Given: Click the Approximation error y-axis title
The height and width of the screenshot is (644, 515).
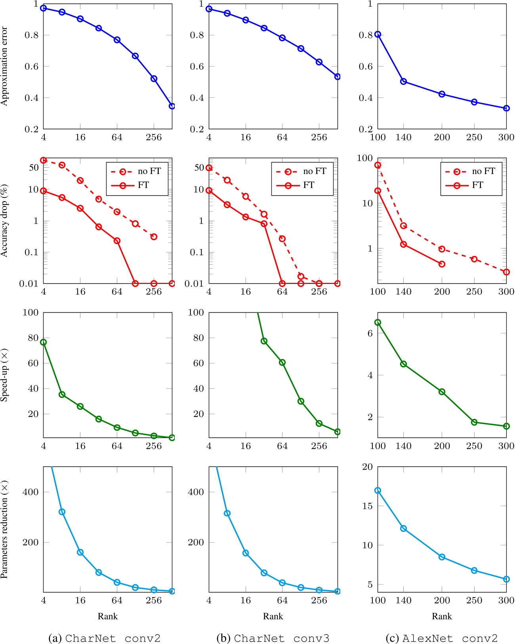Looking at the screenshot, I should (x=4, y=66).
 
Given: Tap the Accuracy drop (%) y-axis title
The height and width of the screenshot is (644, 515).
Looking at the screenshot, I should (x=4, y=221).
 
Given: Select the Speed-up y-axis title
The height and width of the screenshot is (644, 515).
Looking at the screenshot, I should (x=4, y=375).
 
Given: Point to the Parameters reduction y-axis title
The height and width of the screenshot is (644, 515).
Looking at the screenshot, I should (x=4, y=529).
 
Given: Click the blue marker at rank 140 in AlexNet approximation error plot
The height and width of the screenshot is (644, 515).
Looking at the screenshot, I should (x=403, y=81).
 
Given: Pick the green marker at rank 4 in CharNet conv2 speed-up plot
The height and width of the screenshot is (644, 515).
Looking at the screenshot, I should (x=44, y=342).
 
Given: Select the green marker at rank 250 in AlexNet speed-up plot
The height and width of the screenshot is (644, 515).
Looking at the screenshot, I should (x=474, y=422).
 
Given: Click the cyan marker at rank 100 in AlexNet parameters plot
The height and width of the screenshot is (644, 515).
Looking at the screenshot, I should (x=378, y=490).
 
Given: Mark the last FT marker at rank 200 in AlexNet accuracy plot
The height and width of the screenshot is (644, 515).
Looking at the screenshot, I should (x=442, y=264).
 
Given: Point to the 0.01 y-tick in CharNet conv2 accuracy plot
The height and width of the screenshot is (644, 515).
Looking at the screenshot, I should (x=29, y=283).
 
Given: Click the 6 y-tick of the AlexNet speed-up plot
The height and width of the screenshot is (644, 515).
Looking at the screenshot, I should (x=370, y=333).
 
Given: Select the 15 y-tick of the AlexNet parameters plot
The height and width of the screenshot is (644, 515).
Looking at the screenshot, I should (x=368, y=506).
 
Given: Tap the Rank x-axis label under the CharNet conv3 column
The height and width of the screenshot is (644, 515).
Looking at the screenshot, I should (x=273, y=616).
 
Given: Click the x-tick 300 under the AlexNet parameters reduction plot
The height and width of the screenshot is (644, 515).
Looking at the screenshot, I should (x=506, y=600).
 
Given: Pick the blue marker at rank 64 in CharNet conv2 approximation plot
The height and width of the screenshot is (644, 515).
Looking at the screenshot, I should (x=117, y=40).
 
